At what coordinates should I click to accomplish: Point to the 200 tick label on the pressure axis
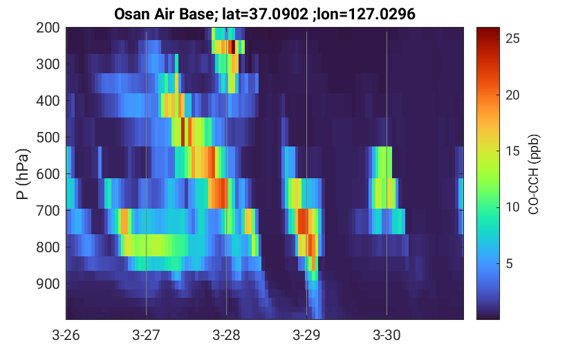click(x=48, y=28)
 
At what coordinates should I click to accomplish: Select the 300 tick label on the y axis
click(x=48, y=64)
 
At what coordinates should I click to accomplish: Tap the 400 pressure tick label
click(x=48, y=101)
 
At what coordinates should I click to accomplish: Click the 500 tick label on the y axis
click(x=48, y=138)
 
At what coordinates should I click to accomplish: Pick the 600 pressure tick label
click(x=48, y=174)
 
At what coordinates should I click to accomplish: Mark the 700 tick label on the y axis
click(x=48, y=211)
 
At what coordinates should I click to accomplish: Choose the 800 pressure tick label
click(x=48, y=247)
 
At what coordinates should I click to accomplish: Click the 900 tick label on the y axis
click(x=48, y=284)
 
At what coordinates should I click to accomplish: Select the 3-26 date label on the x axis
click(x=66, y=335)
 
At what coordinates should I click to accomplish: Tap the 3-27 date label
click(x=146, y=335)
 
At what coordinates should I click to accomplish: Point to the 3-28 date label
click(x=226, y=335)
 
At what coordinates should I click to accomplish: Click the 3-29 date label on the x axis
click(x=306, y=335)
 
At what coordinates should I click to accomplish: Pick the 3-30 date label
click(x=387, y=335)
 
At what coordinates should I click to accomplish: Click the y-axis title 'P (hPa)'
click(x=22, y=174)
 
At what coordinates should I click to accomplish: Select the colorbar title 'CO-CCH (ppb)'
click(x=534, y=174)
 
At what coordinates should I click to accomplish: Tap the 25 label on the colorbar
click(x=512, y=38)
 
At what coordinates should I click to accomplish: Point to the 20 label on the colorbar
click(x=512, y=95)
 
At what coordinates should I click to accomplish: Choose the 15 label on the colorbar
click(x=512, y=151)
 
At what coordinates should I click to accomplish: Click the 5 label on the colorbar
click(x=509, y=263)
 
